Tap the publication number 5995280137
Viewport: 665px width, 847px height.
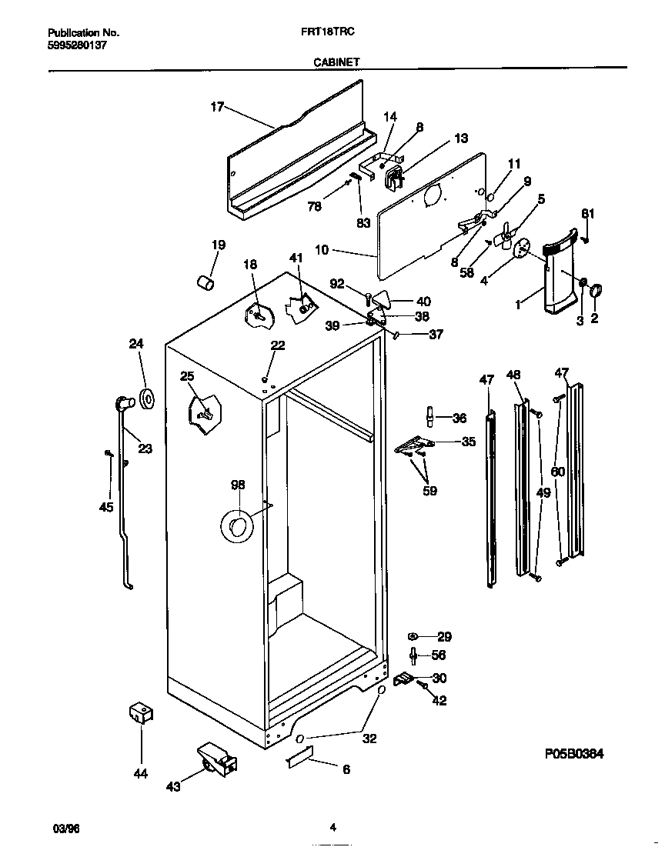click(x=77, y=45)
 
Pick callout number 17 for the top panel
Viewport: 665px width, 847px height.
click(x=217, y=107)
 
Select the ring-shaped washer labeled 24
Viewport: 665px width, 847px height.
click(x=145, y=398)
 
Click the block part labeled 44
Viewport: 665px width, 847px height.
click(x=139, y=712)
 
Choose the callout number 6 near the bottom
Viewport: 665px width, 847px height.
click(x=346, y=769)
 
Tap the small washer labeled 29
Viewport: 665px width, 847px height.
click(x=413, y=636)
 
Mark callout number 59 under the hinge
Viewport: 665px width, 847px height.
click(x=429, y=490)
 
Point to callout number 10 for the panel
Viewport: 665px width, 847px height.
click(x=322, y=249)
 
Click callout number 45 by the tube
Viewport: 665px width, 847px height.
click(x=106, y=506)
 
